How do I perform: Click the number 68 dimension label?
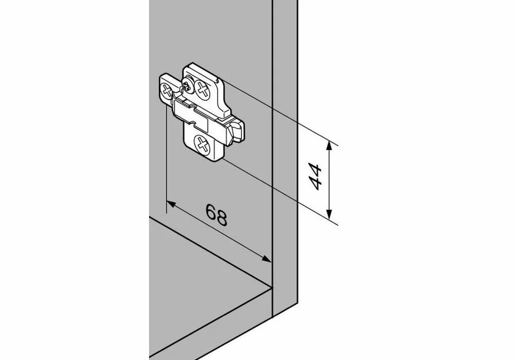216,214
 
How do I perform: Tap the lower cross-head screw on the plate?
201,144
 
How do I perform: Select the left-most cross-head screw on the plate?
167,91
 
